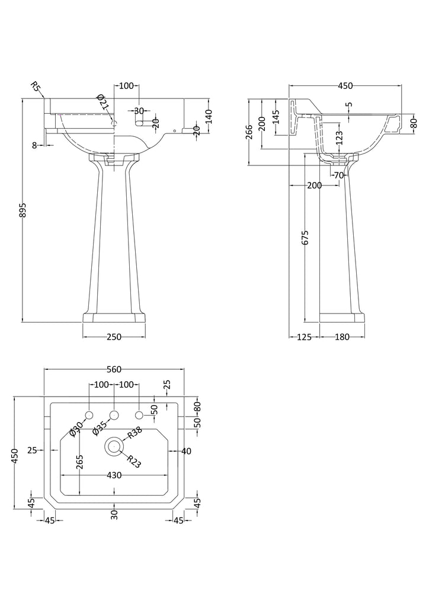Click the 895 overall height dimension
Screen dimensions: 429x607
pyautogui.click(x=23, y=210)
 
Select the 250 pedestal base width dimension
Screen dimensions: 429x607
pyautogui.click(x=114, y=337)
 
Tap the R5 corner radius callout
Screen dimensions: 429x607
pyautogui.click(x=36, y=87)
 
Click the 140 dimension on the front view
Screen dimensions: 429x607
pyautogui.click(x=209, y=117)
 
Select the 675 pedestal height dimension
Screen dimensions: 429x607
pyautogui.click(x=305, y=238)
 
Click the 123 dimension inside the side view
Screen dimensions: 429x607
pyautogui.click(x=340, y=138)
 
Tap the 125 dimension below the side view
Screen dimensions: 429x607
pyautogui.click(x=305, y=337)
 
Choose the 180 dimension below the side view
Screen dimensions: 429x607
pyautogui.click(x=342, y=337)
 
